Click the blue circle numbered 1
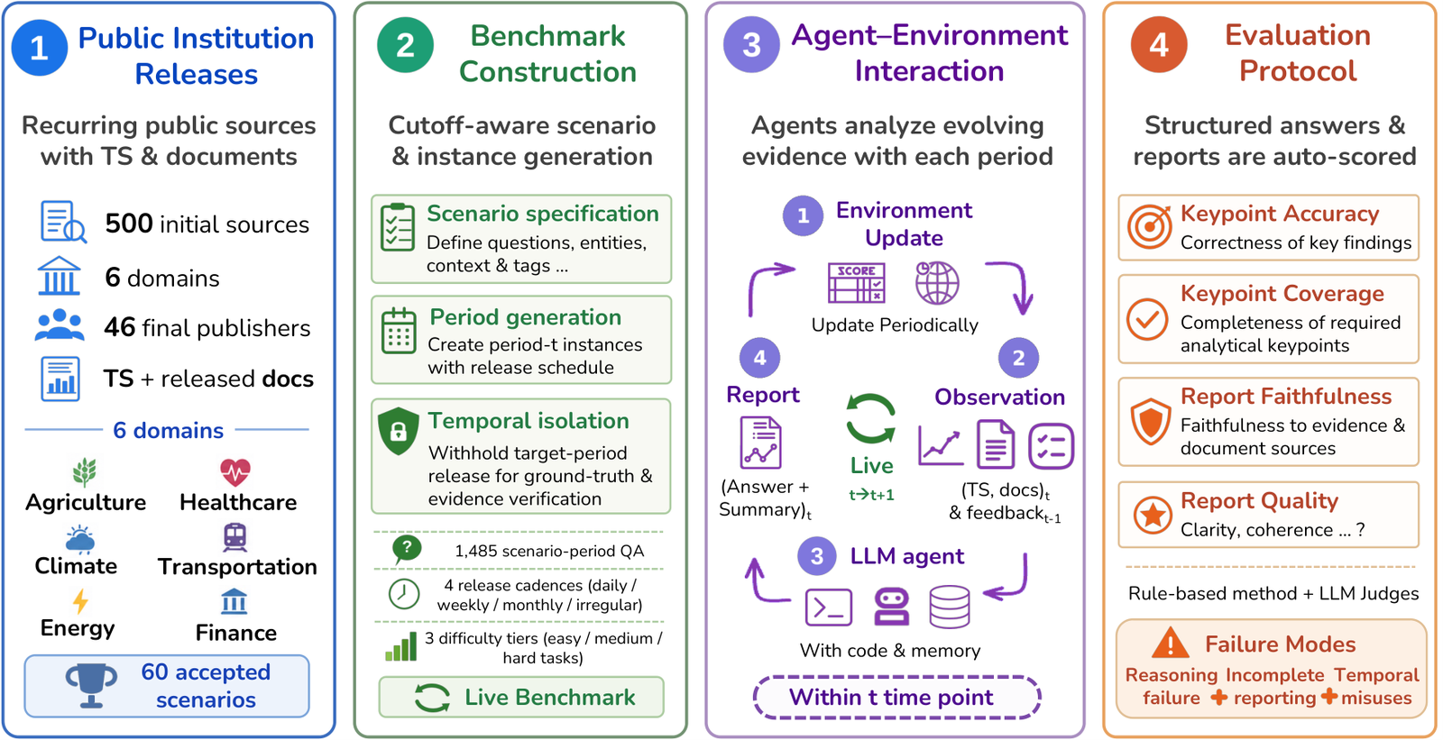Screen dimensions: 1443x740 click(x=40, y=47)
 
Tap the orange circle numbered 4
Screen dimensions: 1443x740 click(x=1159, y=45)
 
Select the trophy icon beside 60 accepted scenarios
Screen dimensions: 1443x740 click(x=91, y=686)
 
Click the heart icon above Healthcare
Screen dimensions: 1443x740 click(x=235, y=472)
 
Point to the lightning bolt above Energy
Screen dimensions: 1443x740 click(x=80, y=601)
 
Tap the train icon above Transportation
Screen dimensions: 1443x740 click(x=234, y=537)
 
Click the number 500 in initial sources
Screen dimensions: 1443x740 click(x=129, y=224)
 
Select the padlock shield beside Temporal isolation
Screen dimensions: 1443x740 click(x=398, y=431)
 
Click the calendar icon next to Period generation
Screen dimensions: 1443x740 click(x=399, y=331)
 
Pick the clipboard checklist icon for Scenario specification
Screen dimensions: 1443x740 click(x=398, y=227)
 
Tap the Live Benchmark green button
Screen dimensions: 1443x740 click(x=521, y=697)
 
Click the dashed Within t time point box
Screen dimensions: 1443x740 click(x=896, y=697)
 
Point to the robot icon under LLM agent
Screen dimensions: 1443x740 click(x=892, y=608)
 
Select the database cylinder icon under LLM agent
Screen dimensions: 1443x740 click(x=950, y=607)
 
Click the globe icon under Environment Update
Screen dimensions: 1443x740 click(x=937, y=283)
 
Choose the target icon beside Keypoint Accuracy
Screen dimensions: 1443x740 click(x=1149, y=227)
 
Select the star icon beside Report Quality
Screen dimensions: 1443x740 click(x=1153, y=516)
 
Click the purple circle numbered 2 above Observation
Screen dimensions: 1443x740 click(x=1018, y=358)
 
